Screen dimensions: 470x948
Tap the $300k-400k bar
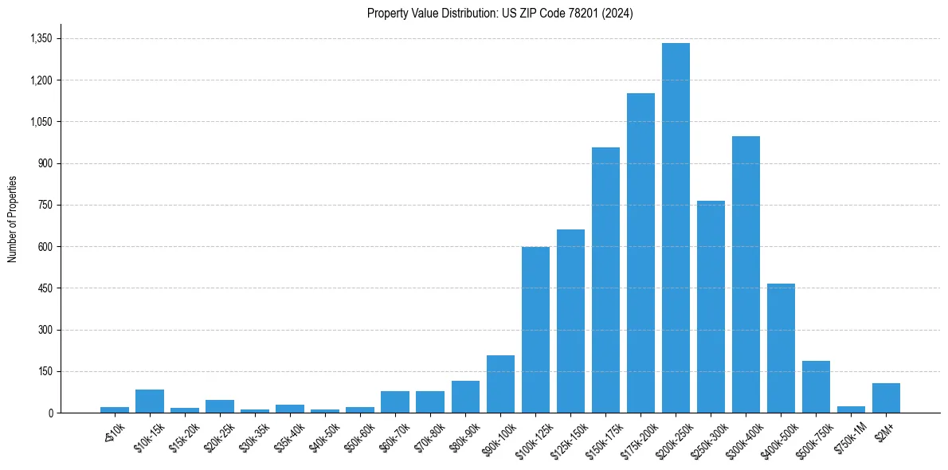click(x=746, y=274)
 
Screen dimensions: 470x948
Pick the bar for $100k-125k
click(x=535, y=330)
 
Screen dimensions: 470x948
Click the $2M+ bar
click(x=886, y=398)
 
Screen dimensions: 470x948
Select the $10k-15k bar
click(x=150, y=401)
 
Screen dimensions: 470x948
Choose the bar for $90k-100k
click(x=500, y=384)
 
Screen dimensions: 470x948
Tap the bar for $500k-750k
click(x=816, y=386)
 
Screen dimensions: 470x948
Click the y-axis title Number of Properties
click(x=12, y=218)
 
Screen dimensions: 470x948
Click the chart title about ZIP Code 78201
click(x=500, y=14)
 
